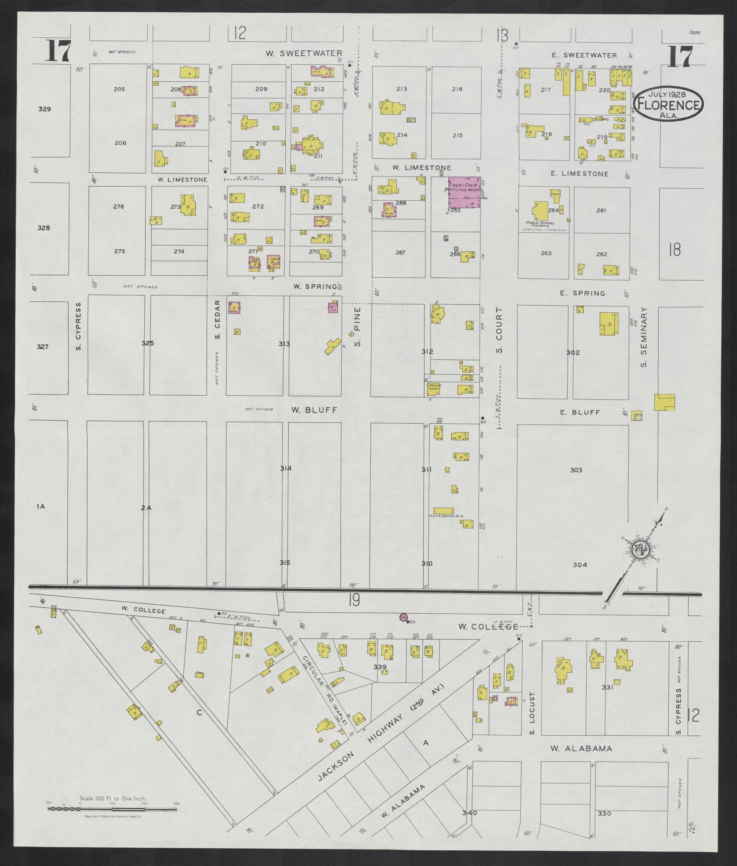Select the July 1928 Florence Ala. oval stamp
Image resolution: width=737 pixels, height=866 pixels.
[x=668, y=104]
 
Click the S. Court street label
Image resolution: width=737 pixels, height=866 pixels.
[x=500, y=331]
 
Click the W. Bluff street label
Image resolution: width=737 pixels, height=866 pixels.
[x=314, y=410]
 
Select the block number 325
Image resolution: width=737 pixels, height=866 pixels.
[x=147, y=343]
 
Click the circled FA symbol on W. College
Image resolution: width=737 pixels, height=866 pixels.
[x=403, y=617]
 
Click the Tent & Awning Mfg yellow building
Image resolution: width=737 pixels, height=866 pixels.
[x=444, y=510]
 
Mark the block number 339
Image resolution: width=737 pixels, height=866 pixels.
[x=380, y=667]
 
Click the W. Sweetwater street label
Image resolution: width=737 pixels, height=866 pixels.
[x=304, y=53]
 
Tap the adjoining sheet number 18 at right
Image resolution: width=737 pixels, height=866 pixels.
[x=675, y=250]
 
